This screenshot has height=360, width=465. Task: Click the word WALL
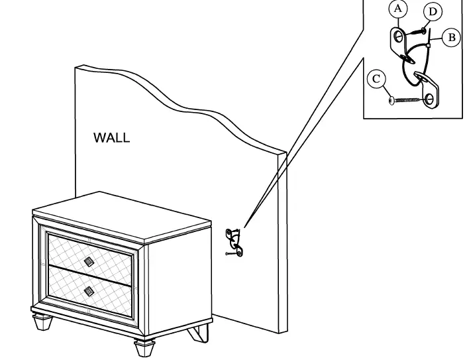pos(111,138)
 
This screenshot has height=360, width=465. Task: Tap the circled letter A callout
pos(397,10)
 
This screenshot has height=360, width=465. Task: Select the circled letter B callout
pos(452,37)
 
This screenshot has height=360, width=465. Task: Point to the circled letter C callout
pos(376,80)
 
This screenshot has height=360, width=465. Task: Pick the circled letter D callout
pos(433,11)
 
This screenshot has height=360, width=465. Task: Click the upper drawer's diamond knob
pos(89,261)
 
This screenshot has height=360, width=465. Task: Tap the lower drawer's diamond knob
pos(88,290)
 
